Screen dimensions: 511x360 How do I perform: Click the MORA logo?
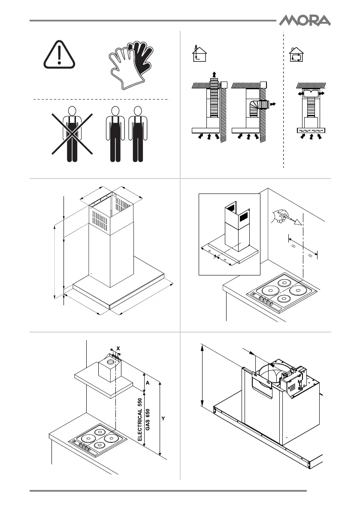[306, 20]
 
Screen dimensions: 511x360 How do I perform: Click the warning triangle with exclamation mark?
[59, 55]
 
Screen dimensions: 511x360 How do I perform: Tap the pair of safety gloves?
[130, 64]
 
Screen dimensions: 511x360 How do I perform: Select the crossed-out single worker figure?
[72, 134]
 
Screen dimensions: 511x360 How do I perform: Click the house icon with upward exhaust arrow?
[198, 54]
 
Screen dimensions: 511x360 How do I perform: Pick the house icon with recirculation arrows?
[296, 55]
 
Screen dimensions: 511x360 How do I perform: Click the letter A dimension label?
[147, 382]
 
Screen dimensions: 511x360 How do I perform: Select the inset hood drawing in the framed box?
[230, 234]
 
